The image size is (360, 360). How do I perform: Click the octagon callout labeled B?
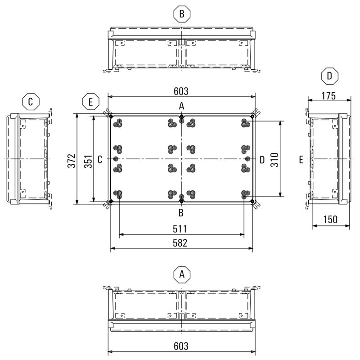tap(182, 14)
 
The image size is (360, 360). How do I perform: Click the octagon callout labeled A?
tap(182, 274)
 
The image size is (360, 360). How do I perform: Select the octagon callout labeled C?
tap(31, 102)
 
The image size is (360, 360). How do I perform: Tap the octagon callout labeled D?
tap(330, 76)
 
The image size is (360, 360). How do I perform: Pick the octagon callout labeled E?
tap(91, 102)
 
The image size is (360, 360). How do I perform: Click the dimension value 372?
tap(72, 161)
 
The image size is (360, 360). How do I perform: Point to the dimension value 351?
tap(88, 162)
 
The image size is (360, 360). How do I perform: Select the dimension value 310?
tap(274, 160)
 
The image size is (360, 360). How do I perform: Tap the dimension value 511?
tap(180, 229)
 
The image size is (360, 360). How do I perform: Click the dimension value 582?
tap(180, 243)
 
